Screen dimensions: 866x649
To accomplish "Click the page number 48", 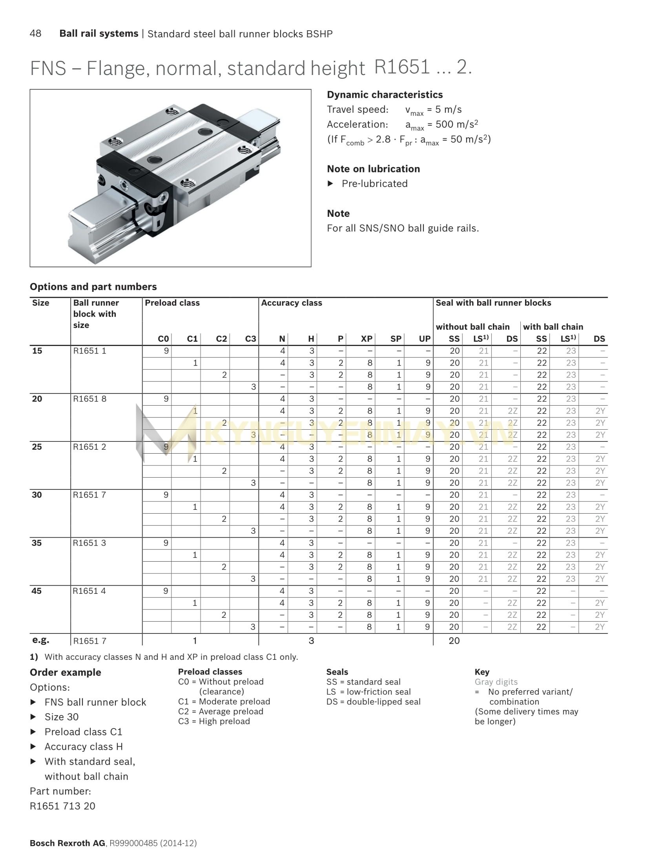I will [35, 33].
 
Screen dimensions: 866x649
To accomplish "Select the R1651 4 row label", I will [89, 591].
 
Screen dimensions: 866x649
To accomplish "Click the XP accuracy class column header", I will [366, 339].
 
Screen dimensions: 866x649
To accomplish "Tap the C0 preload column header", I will [163, 339].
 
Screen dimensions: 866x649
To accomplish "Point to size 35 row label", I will [37, 543].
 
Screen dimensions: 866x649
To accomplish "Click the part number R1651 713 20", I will [62, 806].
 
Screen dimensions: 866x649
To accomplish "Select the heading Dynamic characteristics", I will [385, 95].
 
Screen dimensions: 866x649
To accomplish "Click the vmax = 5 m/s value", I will [433, 110].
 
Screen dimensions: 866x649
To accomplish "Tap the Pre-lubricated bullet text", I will [374, 183].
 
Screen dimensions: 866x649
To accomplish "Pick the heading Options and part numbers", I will [93, 287].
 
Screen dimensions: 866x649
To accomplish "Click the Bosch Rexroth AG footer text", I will [67, 843].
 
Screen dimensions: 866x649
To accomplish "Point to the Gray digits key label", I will [496, 682].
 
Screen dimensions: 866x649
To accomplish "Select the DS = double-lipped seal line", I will [373, 701].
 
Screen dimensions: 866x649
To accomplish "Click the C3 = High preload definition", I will [214, 721].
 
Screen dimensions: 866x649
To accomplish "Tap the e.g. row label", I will [40, 640].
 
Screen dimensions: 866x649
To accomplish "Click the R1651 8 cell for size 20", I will [89, 399].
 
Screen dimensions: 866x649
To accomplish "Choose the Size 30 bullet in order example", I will [61, 717].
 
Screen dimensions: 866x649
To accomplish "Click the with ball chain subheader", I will [553, 327].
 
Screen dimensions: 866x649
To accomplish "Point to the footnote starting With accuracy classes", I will [171, 657].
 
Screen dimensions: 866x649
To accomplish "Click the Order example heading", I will [65, 672].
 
